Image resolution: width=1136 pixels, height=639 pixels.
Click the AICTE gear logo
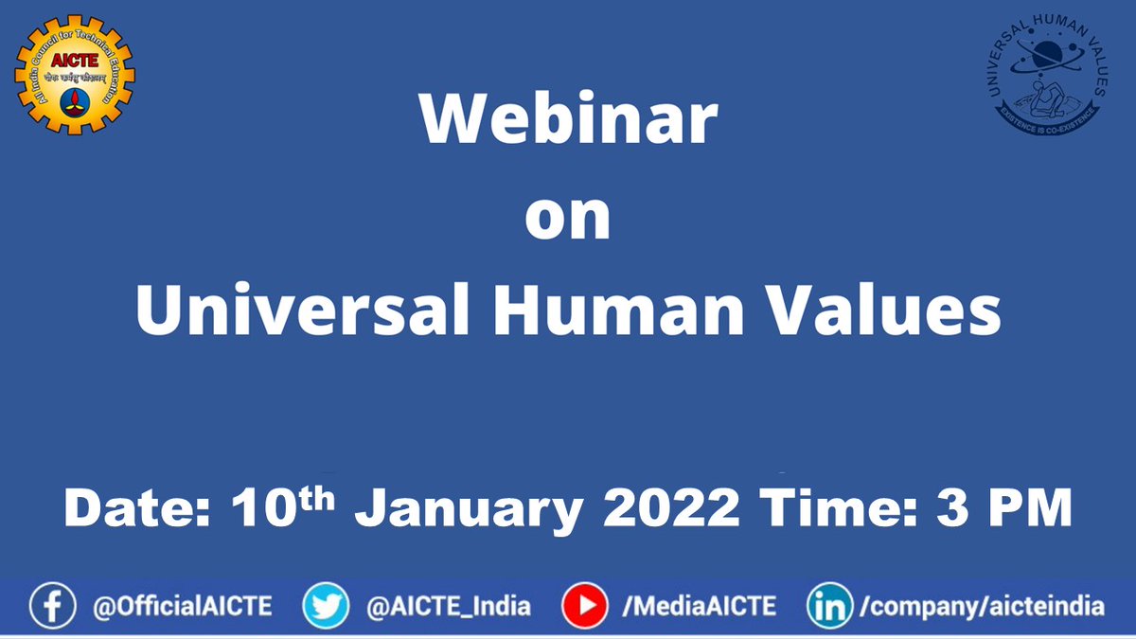[75, 74]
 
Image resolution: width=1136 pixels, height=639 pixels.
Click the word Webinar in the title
[569, 119]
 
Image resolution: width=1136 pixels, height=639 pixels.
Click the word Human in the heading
[602, 311]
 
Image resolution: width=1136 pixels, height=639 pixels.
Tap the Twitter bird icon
[325, 606]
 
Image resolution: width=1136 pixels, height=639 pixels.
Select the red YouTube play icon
[584, 606]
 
